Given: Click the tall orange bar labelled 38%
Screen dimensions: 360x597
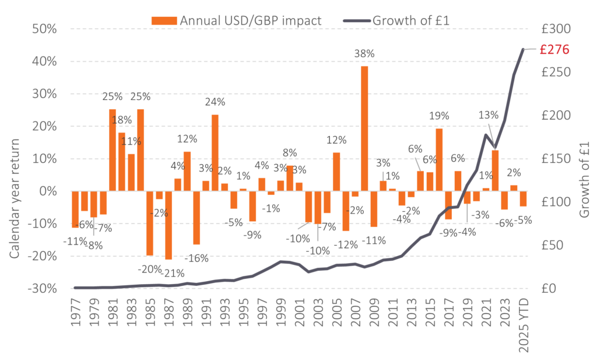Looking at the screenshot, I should [x=364, y=128].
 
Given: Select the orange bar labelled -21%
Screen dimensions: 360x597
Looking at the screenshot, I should [x=168, y=225].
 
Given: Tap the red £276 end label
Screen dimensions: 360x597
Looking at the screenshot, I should [x=553, y=50].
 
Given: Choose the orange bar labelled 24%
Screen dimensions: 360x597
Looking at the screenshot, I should [x=215, y=153].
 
